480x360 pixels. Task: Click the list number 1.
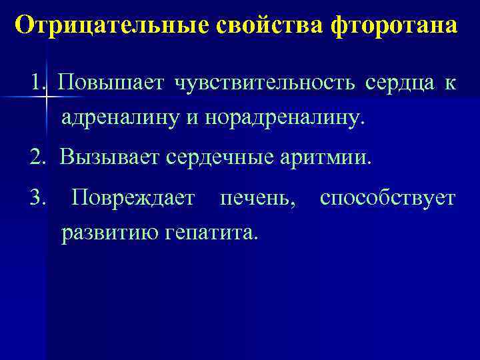tap(36, 84)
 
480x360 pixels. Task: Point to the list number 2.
tap(36, 159)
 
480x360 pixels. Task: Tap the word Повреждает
tap(133, 198)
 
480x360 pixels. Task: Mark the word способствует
tap(388, 198)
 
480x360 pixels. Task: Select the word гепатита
tap(210, 233)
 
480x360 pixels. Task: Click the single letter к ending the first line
tap(451, 85)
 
